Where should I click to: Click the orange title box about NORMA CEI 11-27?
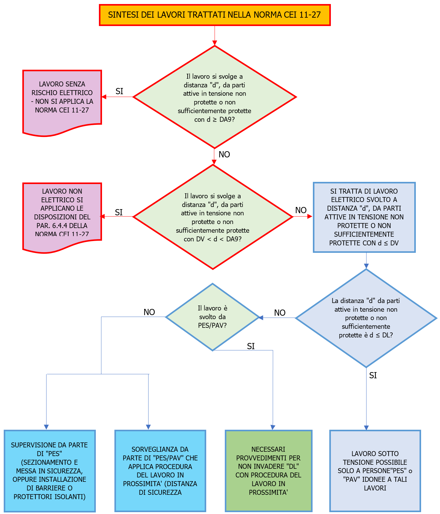pyautogui.click(x=215, y=15)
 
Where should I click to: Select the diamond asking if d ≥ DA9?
pyautogui.click(x=215, y=97)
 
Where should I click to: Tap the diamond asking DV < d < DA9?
pyautogui.click(x=213, y=217)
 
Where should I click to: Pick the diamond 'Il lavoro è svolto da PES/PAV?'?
pyautogui.click(x=212, y=317)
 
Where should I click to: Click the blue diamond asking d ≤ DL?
pyautogui.click(x=366, y=318)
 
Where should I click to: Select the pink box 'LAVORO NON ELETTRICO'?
pyautogui.click(x=62, y=214)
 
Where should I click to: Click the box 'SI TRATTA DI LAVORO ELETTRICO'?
pyautogui.click(x=364, y=217)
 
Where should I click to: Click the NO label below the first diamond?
pyautogui.click(x=224, y=154)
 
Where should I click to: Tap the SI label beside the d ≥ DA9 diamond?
pyautogui.click(x=119, y=91)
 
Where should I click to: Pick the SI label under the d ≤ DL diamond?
pyautogui.click(x=373, y=376)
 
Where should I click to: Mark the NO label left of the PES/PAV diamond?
pyautogui.click(x=149, y=312)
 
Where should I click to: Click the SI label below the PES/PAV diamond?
pyautogui.click(x=251, y=346)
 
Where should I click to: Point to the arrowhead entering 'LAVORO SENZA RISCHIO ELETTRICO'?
pyautogui.click(x=104, y=97)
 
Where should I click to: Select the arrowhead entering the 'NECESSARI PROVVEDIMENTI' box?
pyautogui.click(x=273, y=428)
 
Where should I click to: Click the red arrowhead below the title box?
pyautogui.click(x=215, y=43)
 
